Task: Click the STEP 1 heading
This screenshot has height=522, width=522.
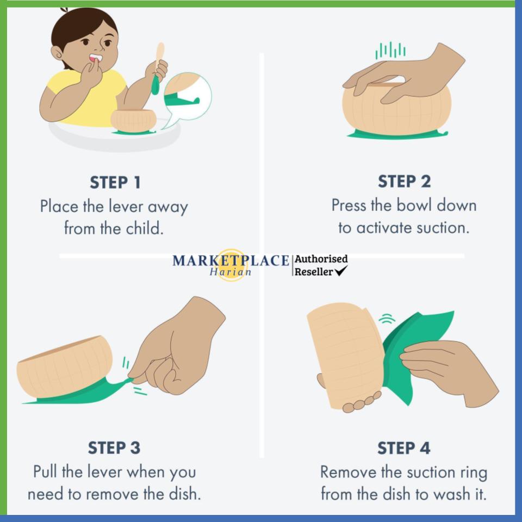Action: pos(115,183)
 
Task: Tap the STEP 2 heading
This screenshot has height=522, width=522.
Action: pos(404,182)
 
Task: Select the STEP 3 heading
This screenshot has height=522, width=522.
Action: pos(114,448)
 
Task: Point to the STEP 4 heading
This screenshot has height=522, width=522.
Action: pos(404,448)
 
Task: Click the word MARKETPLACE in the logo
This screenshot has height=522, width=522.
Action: pos(231,260)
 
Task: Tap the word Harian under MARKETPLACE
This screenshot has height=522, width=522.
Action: pos(231,272)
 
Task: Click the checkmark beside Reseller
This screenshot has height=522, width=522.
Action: pos(341,271)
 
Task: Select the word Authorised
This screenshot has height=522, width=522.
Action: pos(321,259)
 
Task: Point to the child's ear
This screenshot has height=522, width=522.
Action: pos(57,53)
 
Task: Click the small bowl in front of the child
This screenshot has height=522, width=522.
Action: pos(134,120)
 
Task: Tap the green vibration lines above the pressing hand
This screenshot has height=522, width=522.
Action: pos(390,51)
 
